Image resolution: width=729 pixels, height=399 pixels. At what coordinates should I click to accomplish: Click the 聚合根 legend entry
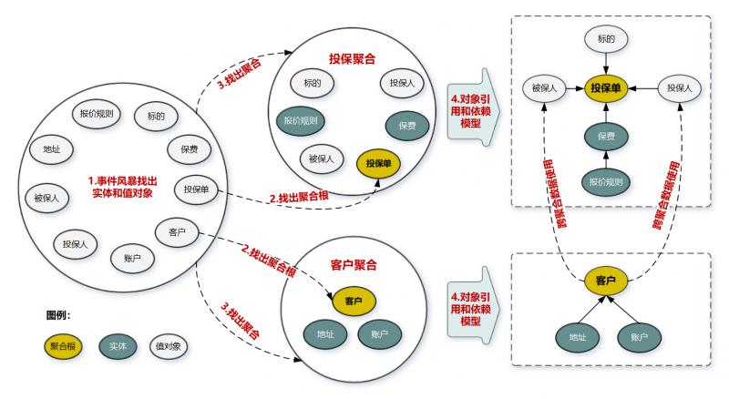click(x=62, y=346)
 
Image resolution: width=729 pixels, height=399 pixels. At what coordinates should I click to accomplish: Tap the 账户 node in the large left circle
click(x=131, y=258)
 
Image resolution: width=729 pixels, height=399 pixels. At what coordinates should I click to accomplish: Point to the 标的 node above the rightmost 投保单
click(x=607, y=39)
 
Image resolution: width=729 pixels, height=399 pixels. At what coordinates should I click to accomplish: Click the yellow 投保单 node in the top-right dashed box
click(x=606, y=88)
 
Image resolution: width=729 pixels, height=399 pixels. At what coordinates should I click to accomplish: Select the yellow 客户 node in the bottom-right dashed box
click(x=606, y=280)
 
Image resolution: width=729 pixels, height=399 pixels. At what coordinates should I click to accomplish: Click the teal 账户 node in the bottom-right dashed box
click(x=638, y=336)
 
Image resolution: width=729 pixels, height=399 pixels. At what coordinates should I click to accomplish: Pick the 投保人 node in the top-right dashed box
click(x=679, y=88)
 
